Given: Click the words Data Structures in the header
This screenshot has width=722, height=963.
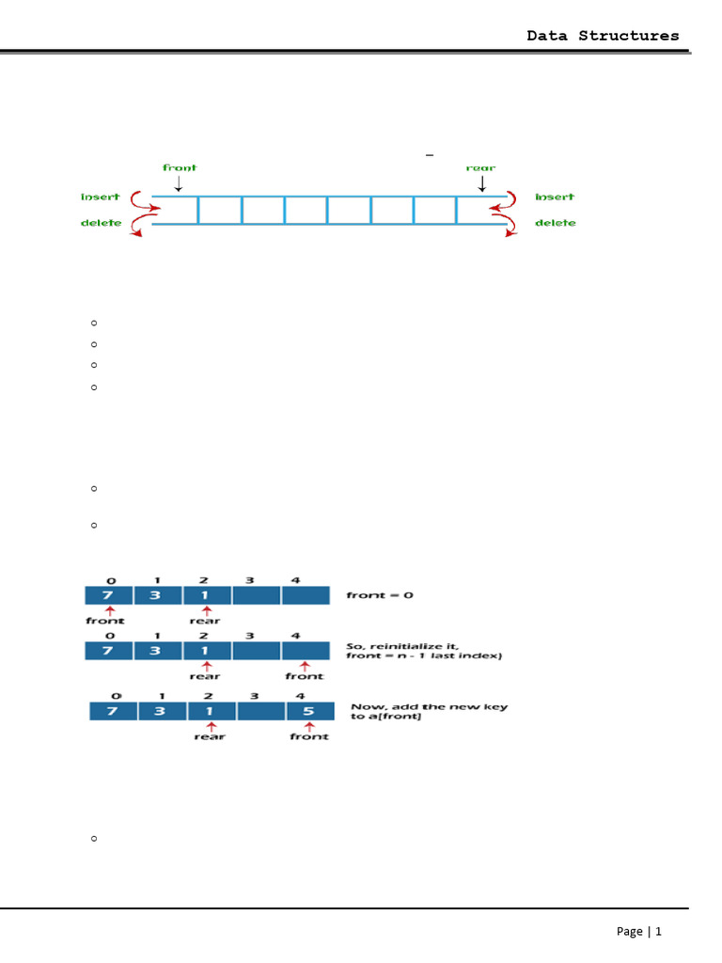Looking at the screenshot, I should click(x=603, y=36).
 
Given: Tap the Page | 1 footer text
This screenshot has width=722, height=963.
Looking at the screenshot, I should click(x=639, y=931).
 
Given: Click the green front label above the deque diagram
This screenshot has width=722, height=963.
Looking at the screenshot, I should click(x=180, y=167).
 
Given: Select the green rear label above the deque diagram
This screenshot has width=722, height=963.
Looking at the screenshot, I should click(x=480, y=167).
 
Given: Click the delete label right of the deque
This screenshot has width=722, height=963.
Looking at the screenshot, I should click(x=556, y=223).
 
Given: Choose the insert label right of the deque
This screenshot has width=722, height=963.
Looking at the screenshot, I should click(x=555, y=197).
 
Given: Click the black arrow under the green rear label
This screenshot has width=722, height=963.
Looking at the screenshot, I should click(x=481, y=182).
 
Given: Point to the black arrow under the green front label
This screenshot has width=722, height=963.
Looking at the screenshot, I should click(x=179, y=182).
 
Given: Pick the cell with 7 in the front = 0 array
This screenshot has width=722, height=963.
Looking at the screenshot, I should click(x=108, y=595).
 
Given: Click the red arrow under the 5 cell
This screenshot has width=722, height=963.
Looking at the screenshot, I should click(x=308, y=728).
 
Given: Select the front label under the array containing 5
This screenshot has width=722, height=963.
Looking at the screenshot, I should click(x=308, y=737).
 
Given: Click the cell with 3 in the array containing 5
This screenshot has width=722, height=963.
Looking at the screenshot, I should click(x=161, y=711).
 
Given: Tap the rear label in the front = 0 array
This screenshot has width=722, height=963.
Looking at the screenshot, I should click(x=204, y=621).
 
